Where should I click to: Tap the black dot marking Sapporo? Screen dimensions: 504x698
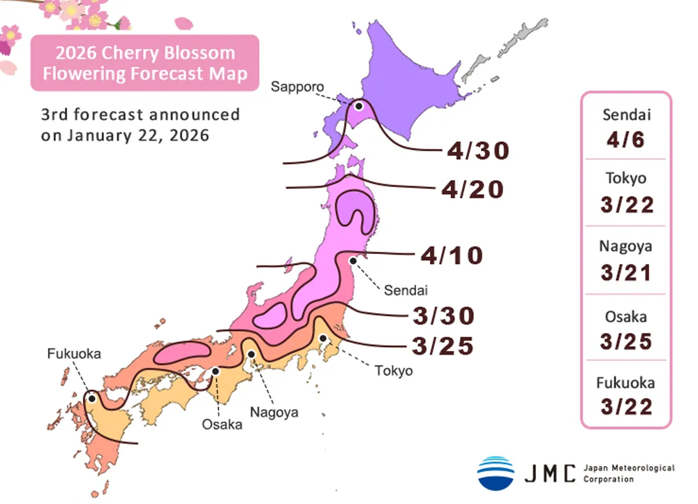pos(359,106)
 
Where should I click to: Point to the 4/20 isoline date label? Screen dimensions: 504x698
pos(473,189)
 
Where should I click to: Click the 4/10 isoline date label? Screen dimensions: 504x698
pos(452,255)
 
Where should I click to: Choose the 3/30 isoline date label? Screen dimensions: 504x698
pos(444,316)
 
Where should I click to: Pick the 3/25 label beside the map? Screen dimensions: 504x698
pos(443,345)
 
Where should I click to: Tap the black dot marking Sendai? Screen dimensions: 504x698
pos(353,260)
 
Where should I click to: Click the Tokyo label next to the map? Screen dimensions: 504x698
pos(394,371)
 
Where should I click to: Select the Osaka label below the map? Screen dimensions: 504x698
pos(222,424)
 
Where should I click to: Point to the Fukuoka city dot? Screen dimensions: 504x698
pos(91,399)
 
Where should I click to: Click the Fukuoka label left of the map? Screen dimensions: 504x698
pos(74,354)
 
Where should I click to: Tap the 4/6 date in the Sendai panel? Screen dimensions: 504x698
pos(626,140)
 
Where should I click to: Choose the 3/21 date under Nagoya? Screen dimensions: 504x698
pos(626,272)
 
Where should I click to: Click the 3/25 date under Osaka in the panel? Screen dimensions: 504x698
pos(626,341)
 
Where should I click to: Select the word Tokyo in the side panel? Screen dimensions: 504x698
pos(626,179)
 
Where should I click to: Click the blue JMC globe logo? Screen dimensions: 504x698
pos(496,473)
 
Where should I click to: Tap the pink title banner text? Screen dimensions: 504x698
pos(144,64)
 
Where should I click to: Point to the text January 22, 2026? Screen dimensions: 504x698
pos(138,135)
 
